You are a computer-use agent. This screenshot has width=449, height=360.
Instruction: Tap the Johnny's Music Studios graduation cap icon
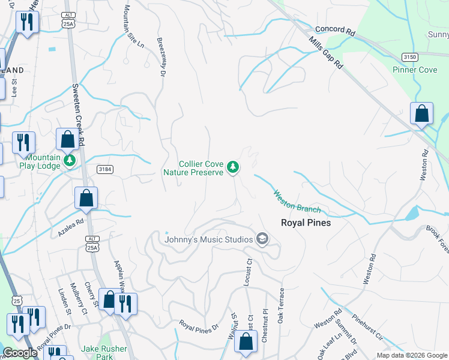point(262,239)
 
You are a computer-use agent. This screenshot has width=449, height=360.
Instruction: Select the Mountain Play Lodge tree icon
point(70,161)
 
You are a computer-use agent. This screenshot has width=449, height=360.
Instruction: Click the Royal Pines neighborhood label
point(306,222)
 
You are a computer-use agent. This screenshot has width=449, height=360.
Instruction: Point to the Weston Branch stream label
point(297,202)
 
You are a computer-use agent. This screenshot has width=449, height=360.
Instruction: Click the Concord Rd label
point(335,29)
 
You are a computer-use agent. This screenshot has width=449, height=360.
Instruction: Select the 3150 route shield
point(410,56)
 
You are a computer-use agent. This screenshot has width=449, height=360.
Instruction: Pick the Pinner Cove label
point(415,70)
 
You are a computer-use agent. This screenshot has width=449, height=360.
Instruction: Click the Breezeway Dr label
point(161,58)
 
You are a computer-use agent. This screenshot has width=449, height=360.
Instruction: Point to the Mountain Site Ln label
point(134,27)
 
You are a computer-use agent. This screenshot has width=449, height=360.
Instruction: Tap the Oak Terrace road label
point(280,305)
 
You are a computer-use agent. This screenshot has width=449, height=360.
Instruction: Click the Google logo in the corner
point(20,353)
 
